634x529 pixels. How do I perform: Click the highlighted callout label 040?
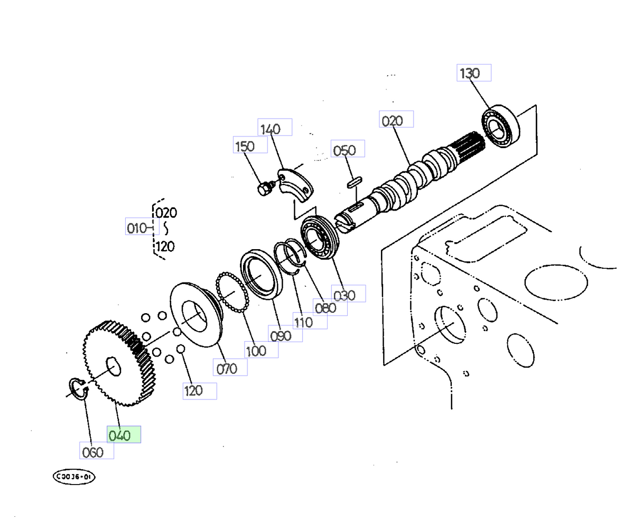[124, 434]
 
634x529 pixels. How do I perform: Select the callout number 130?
[474, 72]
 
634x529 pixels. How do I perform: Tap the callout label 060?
[97, 450]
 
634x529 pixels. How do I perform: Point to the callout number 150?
[250, 144]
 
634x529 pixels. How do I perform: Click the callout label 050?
[348, 148]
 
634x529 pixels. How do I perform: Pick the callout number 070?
[230, 367]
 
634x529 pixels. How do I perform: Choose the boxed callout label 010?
[142, 226]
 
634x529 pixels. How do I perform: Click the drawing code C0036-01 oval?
[74, 477]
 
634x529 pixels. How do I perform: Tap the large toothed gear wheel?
[119, 363]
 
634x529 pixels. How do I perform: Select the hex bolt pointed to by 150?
[265, 188]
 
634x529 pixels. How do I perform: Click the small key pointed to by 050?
[355, 182]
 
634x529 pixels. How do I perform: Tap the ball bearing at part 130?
[500, 126]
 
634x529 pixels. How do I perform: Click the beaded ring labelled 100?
[232, 292]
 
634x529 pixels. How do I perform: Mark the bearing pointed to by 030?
[320, 237]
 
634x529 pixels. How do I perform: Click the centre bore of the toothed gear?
[113, 367]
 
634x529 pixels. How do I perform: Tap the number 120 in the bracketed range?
[165, 247]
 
